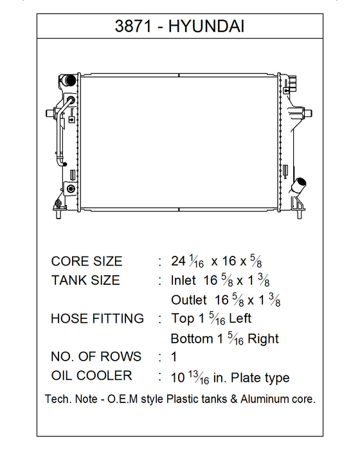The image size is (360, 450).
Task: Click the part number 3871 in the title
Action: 133,26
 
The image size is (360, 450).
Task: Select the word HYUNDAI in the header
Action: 206,26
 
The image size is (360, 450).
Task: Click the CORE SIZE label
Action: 87,261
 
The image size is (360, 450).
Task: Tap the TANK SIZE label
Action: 85,280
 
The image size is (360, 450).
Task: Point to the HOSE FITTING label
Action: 97,319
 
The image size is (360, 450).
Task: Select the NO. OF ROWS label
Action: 96,357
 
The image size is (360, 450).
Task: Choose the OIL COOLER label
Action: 91,375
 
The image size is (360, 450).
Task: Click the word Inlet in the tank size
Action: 183,280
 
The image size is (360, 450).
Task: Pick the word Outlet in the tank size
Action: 189,300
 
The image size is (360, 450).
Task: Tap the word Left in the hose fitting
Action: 240,319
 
